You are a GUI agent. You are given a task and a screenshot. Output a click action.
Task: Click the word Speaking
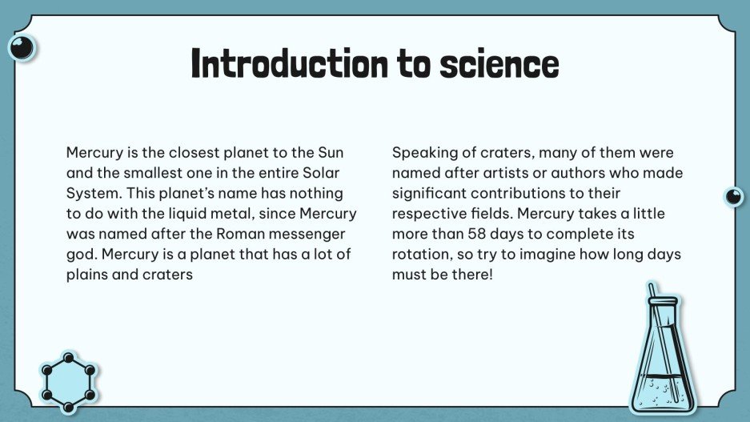point(422,152)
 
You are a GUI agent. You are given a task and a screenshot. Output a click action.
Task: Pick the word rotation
point(419,255)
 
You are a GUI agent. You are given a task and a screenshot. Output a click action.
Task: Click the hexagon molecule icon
point(69,376)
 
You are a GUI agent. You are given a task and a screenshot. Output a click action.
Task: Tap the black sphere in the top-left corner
point(22,48)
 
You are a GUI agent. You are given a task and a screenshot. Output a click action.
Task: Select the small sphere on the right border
point(733,196)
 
